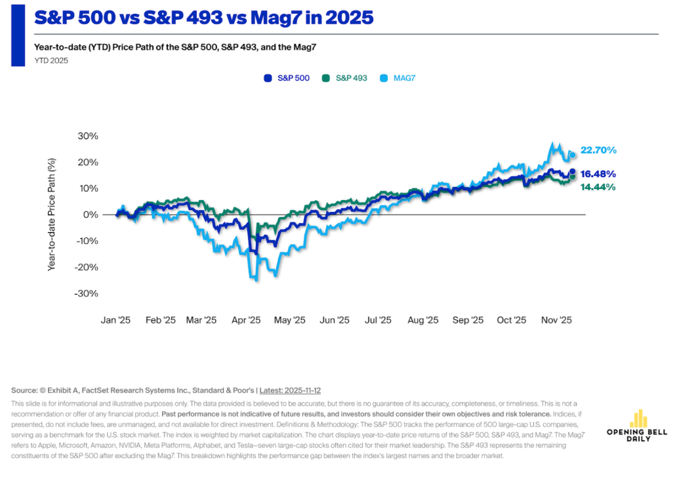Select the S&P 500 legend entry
pyautogui.click(x=286, y=78)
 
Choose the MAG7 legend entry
pyautogui.click(x=398, y=78)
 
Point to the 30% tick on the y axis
pyautogui.click(x=89, y=136)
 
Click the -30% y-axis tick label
pyautogui.click(x=87, y=293)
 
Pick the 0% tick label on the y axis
pyautogui.click(x=91, y=215)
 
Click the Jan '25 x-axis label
pyautogui.click(x=115, y=320)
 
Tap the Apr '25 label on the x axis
pyautogui.click(x=246, y=320)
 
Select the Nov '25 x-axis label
pyautogui.click(x=556, y=320)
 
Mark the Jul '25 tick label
pyautogui.click(x=378, y=320)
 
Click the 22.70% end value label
pyautogui.click(x=598, y=150)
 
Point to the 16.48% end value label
pyautogui.click(x=598, y=174)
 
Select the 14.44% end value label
pyautogui.click(x=598, y=187)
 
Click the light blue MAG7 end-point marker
pyautogui.click(x=572, y=155)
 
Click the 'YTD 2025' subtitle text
pyautogui.click(x=51, y=60)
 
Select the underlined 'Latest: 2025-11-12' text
pyautogui.click(x=298, y=390)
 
